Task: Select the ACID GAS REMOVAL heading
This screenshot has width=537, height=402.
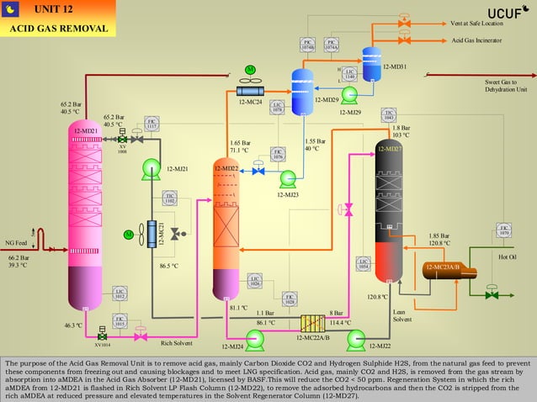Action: [x=59, y=29]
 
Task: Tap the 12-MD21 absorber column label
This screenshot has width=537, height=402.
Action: [x=85, y=131]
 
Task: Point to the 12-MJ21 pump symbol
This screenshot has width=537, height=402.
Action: [x=152, y=168]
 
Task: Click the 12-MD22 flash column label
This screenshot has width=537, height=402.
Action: [x=226, y=168]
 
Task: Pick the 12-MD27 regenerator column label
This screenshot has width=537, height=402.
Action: [x=389, y=148]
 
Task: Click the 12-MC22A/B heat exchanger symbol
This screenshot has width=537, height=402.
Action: [x=313, y=322]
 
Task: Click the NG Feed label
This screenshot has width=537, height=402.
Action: [x=16, y=242]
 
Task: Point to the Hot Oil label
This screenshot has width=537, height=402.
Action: [x=507, y=257]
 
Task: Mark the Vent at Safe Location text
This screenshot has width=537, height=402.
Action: [x=476, y=23]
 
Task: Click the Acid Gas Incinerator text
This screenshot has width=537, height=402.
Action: [x=476, y=40]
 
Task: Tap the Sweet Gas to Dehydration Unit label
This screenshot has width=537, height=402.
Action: [x=505, y=85]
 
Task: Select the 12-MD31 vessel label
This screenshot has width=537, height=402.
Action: [x=395, y=66]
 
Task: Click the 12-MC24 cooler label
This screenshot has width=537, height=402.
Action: [x=250, y=102]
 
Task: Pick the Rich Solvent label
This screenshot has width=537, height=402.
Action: [x=176, y=343]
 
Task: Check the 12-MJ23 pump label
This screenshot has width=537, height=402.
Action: [x=287, y=193]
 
